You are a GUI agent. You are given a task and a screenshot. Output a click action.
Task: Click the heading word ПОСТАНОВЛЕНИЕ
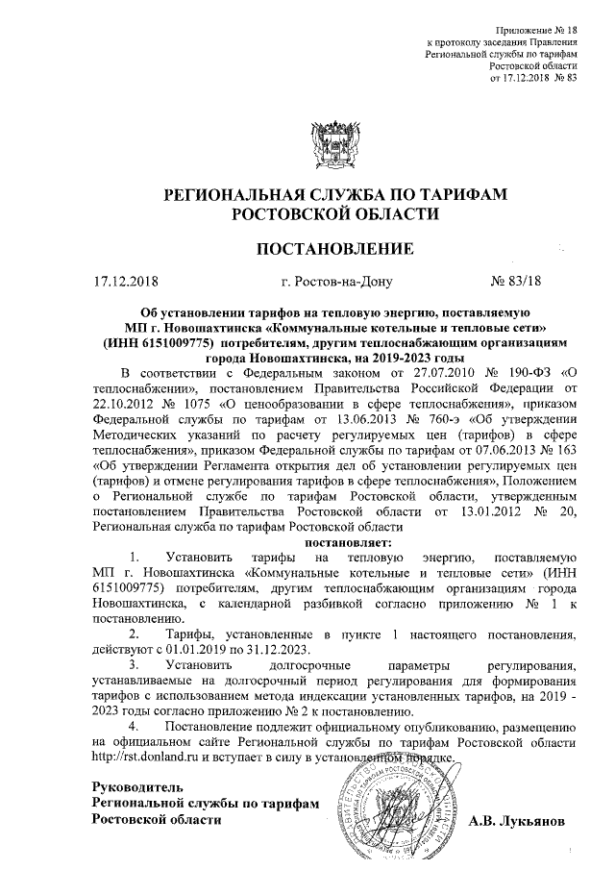click(333, 250)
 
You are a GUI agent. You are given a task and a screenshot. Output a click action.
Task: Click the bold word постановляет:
click(333, 541)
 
